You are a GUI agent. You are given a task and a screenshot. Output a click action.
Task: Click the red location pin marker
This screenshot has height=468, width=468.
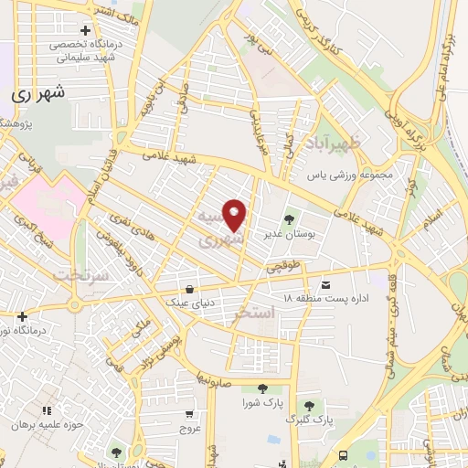pyautogui.click(x=235, y=215)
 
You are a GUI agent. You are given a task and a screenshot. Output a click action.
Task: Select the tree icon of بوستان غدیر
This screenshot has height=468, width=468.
pyautogui.click(x=290, y=218)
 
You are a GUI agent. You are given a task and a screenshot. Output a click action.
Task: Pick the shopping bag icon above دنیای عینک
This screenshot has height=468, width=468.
pyautogui.click(x=189, y=287)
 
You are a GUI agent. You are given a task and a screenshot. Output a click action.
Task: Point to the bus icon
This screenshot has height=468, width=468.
pyautogui.click(x=343, y=454)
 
